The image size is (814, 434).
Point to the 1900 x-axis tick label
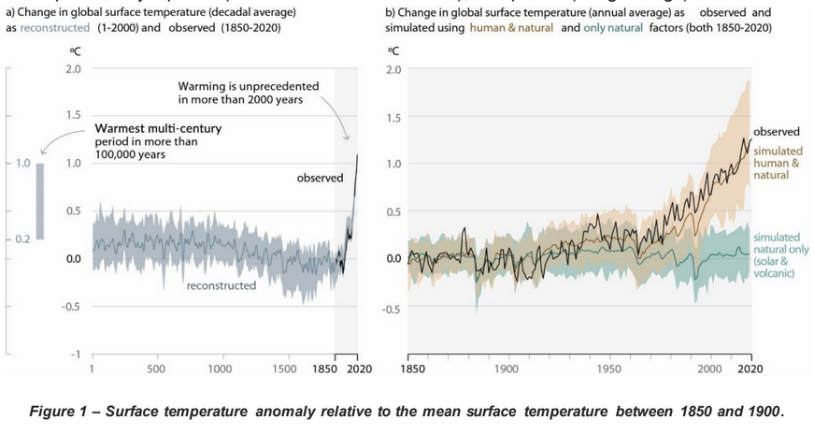(507, 369)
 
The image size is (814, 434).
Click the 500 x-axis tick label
(156, 369)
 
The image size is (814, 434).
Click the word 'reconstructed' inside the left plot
(221, 285)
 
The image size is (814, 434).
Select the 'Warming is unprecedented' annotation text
(248, 93)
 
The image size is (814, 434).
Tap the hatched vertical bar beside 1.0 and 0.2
(40, 201)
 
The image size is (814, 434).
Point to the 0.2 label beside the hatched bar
(20, 239)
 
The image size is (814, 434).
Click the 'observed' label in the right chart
(777, 132)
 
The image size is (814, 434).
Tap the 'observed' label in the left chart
(321, 178)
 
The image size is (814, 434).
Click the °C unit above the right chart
(393, 51)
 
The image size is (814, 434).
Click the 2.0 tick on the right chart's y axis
(393, 70)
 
